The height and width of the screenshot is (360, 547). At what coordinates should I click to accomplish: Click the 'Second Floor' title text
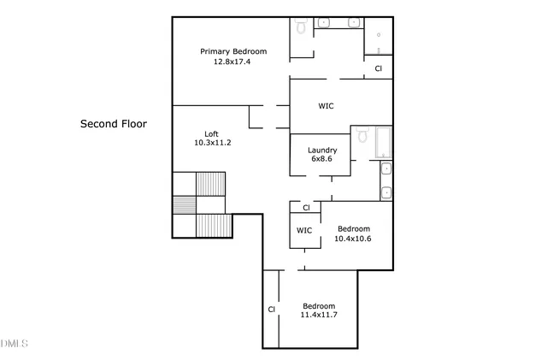point(114,124)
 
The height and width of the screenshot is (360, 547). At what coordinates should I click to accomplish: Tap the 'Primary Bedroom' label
point(233,51)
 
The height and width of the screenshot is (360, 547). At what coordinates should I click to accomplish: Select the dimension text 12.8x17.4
point(232,62)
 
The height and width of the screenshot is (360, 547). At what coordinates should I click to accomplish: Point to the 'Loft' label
point(211,133)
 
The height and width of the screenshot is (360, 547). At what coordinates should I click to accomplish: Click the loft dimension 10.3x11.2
point(213,143)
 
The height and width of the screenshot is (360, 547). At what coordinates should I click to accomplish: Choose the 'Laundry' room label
point(322,150)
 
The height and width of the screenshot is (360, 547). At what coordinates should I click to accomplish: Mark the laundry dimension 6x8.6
point(321,159)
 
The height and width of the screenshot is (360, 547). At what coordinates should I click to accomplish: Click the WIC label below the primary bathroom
point(326,107)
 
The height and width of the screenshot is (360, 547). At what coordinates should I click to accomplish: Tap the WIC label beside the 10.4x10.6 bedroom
point(304,231)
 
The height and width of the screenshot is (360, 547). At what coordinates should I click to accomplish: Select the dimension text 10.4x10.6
point(353,239)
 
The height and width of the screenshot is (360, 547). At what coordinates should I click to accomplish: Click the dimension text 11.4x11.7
point(319,316)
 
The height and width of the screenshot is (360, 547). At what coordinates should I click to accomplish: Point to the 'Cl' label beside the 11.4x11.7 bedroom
point(271,310)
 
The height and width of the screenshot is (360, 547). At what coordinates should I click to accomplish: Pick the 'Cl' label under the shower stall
point(378,68)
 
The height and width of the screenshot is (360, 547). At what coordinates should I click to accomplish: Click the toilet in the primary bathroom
point(302,27)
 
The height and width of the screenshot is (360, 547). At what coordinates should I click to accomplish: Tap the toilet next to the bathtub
point(362,137)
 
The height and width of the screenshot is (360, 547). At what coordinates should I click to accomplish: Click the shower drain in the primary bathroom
point(379,37)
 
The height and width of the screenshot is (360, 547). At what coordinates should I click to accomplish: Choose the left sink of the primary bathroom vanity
point(325,23)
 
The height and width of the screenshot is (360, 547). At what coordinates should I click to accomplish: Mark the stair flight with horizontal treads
point(184,205)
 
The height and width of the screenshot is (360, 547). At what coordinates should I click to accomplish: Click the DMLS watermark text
point(14,344)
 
